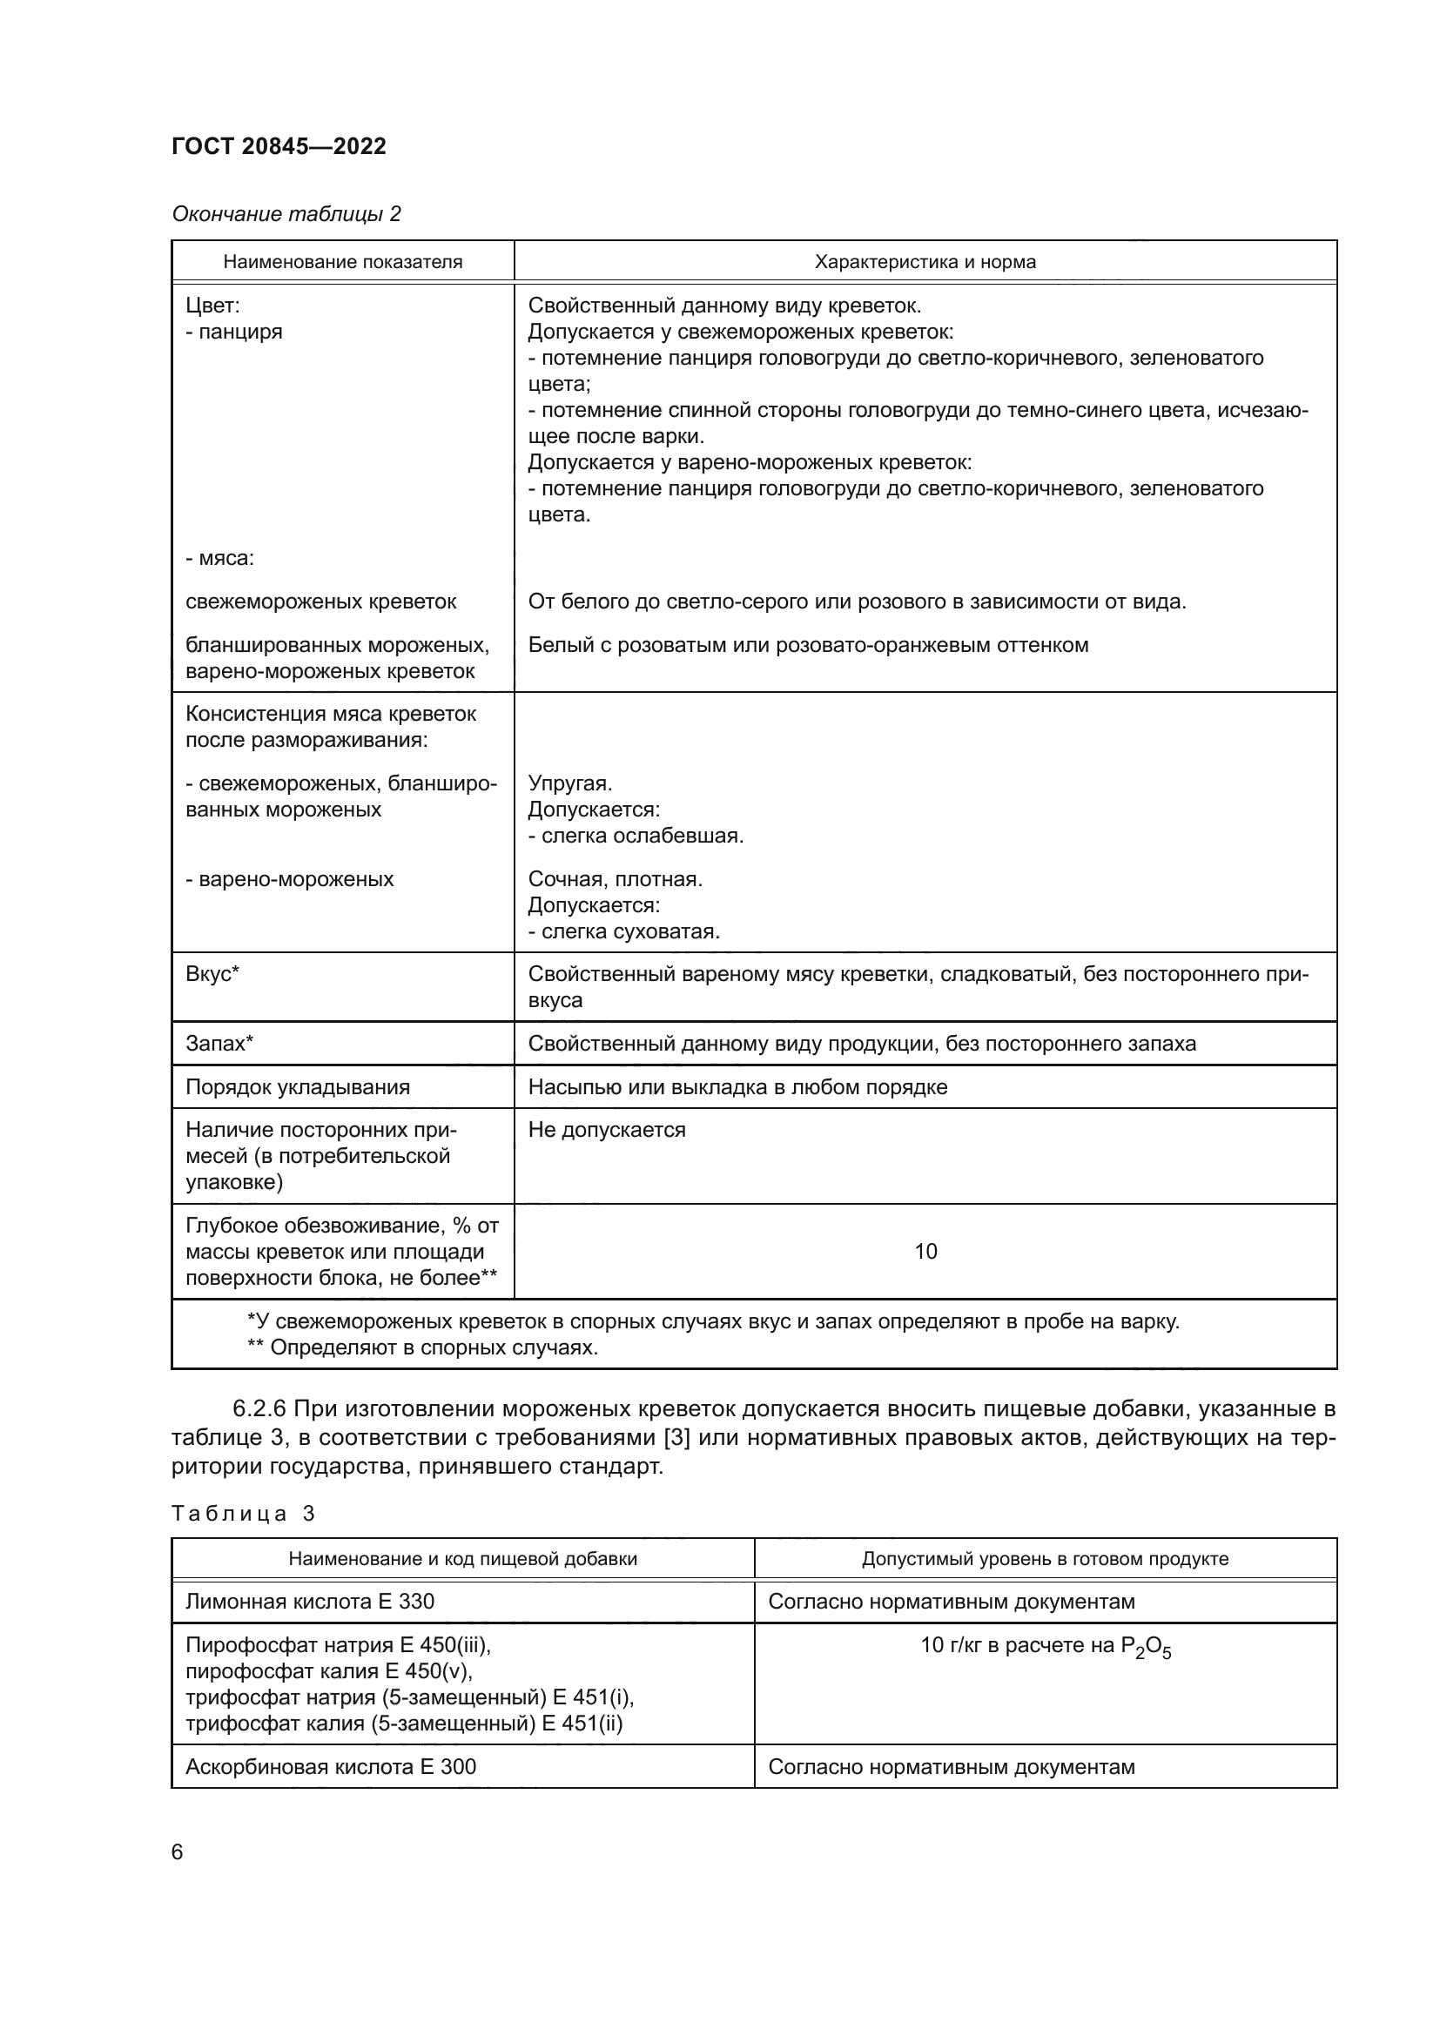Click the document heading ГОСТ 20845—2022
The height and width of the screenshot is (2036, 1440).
[279, 146]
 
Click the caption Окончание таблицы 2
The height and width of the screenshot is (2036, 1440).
[286, 214]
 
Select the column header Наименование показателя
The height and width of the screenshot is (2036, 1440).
[342, 262]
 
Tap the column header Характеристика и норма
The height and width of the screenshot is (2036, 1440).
[925, 262]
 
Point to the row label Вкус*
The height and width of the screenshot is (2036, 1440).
[212, 974]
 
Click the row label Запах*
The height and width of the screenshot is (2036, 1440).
[219, 1043]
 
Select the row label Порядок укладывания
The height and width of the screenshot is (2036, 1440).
[297, 1087]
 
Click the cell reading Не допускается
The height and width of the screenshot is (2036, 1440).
[607, 1130]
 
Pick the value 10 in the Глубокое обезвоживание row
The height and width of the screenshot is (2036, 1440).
[925, 1251]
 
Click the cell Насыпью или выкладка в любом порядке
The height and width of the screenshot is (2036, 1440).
[737, 1087]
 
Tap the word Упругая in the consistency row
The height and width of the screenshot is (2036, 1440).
[569, 783]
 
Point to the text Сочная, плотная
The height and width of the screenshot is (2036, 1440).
[615, 879]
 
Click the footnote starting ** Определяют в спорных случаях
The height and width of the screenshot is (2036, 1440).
[422, 1347]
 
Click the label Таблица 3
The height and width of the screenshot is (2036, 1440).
[243, 1513]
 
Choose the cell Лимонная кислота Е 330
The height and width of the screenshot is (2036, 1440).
[309, 1602]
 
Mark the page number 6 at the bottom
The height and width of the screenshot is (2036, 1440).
[178, 1851]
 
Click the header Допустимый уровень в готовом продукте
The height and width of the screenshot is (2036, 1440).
[1045, 1559]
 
